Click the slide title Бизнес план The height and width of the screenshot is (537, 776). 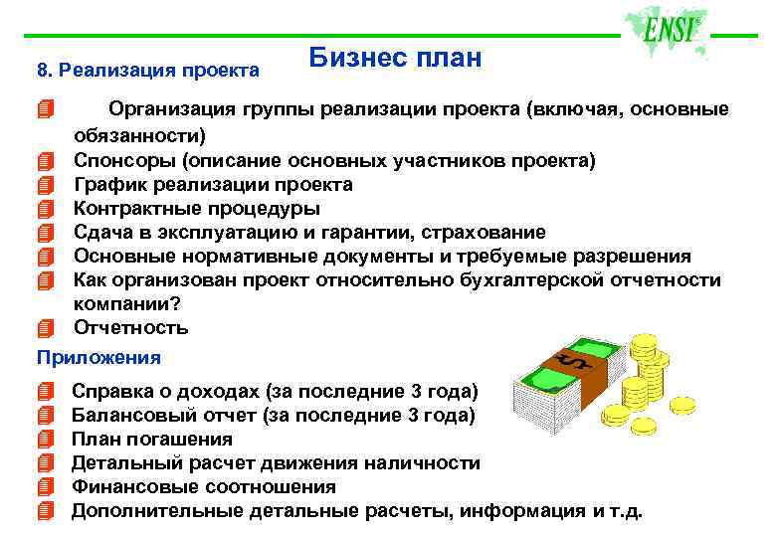click(395, 59)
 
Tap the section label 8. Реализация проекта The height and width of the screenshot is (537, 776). click(147, 71)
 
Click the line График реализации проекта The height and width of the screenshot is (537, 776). click(213, 185)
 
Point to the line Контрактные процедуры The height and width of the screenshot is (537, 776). click(197, 209)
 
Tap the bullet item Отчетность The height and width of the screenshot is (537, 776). click(131, 328)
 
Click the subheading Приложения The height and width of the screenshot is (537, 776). click(97, 356)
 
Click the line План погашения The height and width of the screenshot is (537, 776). click(152, 439)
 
